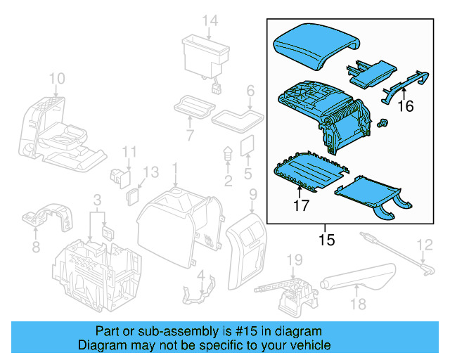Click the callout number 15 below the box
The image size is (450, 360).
[326, 240]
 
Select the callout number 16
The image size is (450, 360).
[406, 106]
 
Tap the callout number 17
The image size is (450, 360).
[302, 206]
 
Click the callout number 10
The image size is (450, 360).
[56, 77]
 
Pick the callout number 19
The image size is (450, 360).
[295, 261]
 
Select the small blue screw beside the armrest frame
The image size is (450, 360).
[384, 124]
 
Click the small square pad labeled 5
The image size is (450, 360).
[247, 146]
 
